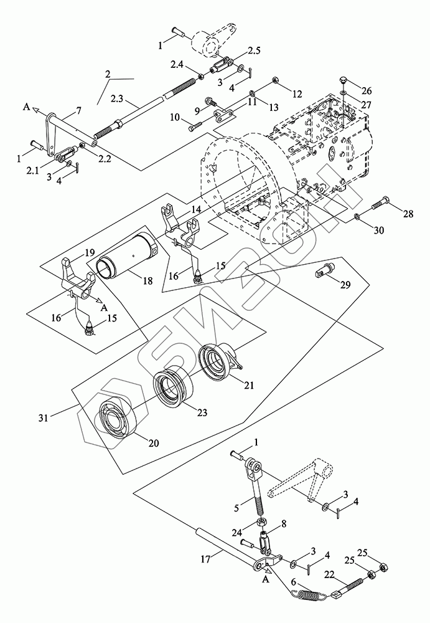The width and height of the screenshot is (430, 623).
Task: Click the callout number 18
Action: pyautogui.click(x=147, y=282)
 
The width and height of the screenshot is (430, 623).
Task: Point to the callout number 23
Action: pyautogui.click(x=202, y=413)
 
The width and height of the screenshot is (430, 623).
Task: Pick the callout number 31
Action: pyautogui.click(x=44, y=417)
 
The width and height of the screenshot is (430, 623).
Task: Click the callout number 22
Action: pyautogui.click(x=330, y=574)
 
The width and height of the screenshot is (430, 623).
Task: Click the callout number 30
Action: pyautogui.click(x=379, y=230)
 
